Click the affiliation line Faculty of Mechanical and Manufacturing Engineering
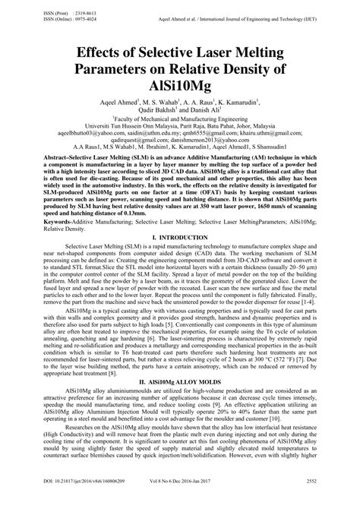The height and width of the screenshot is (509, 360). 181,119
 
